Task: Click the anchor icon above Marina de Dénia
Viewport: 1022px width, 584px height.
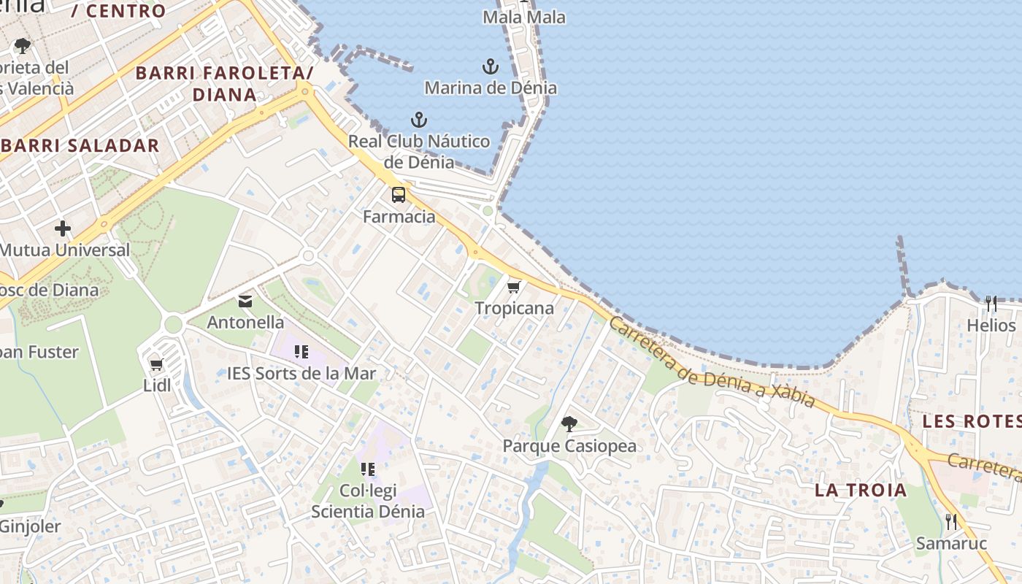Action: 491,67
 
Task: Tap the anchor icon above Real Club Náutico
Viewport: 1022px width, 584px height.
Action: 418,120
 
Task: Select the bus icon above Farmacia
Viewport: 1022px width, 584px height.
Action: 399,195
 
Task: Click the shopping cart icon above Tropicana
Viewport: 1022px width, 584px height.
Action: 514,287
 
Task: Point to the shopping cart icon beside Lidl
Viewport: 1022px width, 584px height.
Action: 156,364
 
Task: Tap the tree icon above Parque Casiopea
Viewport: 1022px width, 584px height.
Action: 569,423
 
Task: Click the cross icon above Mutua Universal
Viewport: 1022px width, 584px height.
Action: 63,228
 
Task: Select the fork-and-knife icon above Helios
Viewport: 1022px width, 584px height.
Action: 991,304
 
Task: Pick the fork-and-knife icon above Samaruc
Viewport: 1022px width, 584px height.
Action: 951,521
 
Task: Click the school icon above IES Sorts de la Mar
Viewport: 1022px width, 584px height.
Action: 301,352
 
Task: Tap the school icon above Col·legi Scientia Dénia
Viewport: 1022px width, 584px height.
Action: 367,469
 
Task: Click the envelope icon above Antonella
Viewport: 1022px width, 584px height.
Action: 245,301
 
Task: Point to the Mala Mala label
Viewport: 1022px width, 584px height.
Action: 524,17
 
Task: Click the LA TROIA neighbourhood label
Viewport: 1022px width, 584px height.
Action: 861,490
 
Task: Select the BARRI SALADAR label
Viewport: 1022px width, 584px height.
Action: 80,145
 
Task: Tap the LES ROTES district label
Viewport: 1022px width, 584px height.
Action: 972,421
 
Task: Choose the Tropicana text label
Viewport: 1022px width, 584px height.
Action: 515,308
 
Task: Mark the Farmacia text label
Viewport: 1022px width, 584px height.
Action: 399,217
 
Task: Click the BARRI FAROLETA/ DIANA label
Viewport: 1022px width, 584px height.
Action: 224,83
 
